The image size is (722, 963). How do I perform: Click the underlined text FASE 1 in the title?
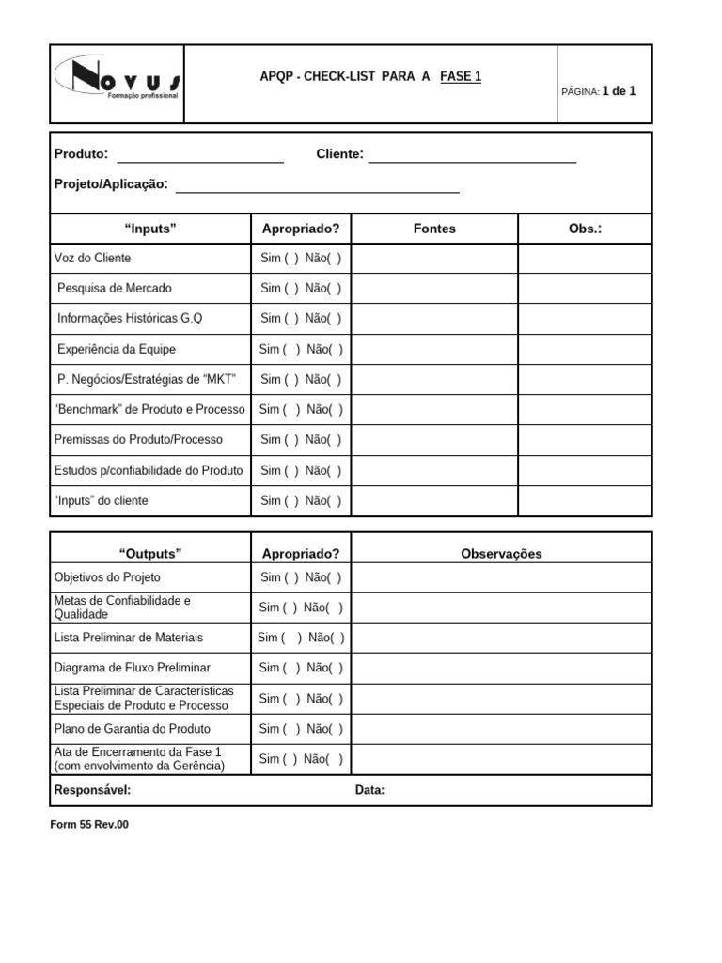(461, 77)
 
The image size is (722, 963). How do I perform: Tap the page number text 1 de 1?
(619, 91)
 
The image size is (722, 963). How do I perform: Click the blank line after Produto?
(199, 158)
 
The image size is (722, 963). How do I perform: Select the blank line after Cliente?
(472, 158)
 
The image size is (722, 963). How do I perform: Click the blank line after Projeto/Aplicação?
(318, 187)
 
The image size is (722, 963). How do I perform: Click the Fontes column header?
(434, 229)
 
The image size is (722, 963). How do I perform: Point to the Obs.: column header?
(585, 229)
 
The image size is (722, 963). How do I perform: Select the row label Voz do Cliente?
(93, 258)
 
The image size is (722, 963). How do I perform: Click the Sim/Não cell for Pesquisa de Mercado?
(301, 289)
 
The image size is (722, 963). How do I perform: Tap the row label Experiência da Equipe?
(116, 349)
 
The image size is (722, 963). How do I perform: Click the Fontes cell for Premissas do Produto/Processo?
(434, 440)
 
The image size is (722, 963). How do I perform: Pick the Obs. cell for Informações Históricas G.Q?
(585, 319)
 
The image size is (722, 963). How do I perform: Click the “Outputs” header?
(150, 553)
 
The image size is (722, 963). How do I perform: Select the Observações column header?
(501, 554)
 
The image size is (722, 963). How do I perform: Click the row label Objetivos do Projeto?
(107, 577)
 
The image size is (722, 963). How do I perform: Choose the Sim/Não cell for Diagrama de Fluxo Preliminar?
(301, 668)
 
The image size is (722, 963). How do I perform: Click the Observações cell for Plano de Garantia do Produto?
(501, 729)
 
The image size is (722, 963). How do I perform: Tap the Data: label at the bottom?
(369, 790)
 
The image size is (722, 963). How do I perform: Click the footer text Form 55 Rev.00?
(89, 824)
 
